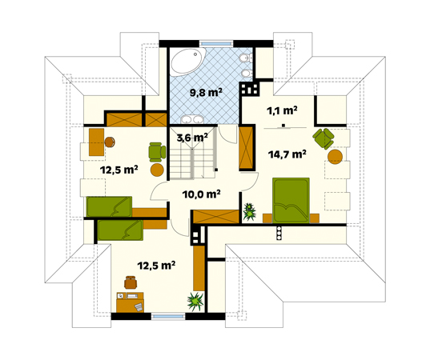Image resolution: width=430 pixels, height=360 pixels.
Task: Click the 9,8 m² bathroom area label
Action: coord(205,92)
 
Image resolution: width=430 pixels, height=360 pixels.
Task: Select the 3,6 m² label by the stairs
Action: coord(191,137)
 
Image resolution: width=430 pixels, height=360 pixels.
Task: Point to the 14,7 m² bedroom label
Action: coord(288,154)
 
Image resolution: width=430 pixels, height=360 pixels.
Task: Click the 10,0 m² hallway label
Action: coord(201,193)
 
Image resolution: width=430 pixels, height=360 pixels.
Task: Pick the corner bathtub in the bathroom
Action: coord(188,63)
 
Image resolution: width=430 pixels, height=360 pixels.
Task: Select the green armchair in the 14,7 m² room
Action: coord(323,138)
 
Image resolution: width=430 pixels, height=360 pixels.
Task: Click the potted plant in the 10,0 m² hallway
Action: coord(250,211)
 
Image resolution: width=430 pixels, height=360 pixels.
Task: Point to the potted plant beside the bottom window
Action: coord(194,302)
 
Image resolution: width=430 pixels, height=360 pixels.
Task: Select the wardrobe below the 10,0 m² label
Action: coord(216,216)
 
